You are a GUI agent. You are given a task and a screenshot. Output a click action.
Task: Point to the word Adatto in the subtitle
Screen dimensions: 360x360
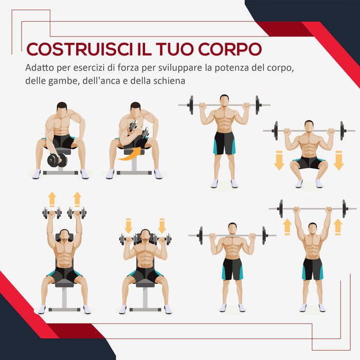[x=38, y=68]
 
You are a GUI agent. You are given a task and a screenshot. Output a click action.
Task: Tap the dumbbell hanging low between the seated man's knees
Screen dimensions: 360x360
[x=57, y=160]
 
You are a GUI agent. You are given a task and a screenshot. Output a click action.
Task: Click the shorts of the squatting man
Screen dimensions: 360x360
[x=309, y=163]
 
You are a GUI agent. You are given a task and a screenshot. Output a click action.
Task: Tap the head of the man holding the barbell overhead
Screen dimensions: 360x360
[x=312, y=227]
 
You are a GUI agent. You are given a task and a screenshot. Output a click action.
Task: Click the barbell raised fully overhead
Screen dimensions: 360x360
[x=313, y=209]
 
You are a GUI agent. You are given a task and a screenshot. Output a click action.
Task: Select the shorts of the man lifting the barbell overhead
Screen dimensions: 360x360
[x=312, y=268]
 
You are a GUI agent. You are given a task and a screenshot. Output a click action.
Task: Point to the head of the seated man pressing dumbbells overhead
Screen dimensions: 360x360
[x=64, y=235]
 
